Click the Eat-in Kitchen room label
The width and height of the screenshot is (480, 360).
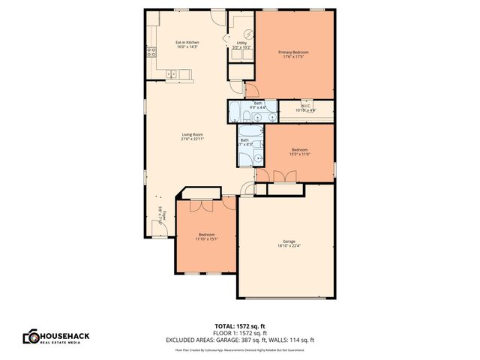click(x=187, y=43)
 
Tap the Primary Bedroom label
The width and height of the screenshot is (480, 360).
click(x=293, y=52)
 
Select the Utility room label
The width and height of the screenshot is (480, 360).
click(x=241, y=43)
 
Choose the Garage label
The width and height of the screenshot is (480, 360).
click(x=289, y=241)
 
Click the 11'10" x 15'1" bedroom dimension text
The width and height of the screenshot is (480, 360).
click(x=206, y=239)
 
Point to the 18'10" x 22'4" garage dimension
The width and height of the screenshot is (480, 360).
click(x=289, y=246)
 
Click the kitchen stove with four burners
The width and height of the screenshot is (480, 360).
click(x=151, y=52)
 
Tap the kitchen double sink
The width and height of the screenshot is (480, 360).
click(x=173, y=73)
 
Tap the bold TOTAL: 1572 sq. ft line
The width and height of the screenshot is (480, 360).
click(x=240, y=326)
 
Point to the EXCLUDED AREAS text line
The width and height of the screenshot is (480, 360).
click(x=240, y=340)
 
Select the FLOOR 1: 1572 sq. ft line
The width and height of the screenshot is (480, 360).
click(x=240, y=333)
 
